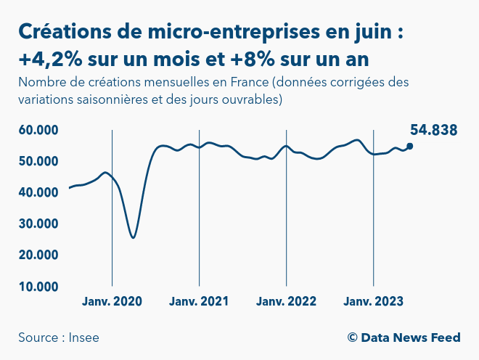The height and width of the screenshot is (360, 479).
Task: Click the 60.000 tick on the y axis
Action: click(x=38, y=131)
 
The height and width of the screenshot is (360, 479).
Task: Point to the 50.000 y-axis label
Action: click(x=38, y=161)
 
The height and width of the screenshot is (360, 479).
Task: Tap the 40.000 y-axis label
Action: click(x=38, y=192)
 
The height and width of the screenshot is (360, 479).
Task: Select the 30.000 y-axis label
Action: click(x=38, y=224)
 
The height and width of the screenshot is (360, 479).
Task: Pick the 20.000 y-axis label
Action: click(x=38, y=255)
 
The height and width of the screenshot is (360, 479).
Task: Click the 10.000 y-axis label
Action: click(x=38, y=286)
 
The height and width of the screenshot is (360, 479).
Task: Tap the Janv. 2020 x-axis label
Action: click(x=112, y=301)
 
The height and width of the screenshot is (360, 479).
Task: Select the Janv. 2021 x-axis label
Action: click(x=199, y=301)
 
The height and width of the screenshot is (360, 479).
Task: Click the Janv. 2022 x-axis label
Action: click(x=286, y=301)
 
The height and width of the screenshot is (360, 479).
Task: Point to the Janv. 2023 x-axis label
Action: click(x=373, y=301)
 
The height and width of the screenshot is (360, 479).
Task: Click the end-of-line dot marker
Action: click(x=410, y=146)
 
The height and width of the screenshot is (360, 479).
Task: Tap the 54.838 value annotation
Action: click(x=433, y=131)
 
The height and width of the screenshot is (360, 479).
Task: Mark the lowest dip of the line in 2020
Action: click(x=133, y=237)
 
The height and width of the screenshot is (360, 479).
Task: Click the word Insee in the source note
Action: click(x=85, y=337)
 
